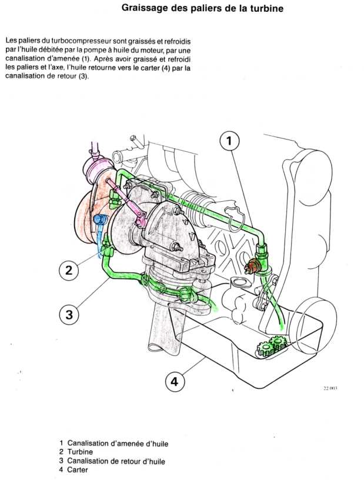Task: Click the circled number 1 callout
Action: pos(230,141)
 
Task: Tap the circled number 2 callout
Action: pos(69,270)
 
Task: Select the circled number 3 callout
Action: pos(69,314)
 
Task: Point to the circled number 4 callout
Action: pos(174,382)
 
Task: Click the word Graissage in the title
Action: pos(146,9)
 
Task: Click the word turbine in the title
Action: pos(267,9)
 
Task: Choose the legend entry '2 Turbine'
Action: pos(79,452)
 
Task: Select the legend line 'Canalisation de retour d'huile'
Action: pos(116,461)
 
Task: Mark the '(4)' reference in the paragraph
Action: pos(163,68)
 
